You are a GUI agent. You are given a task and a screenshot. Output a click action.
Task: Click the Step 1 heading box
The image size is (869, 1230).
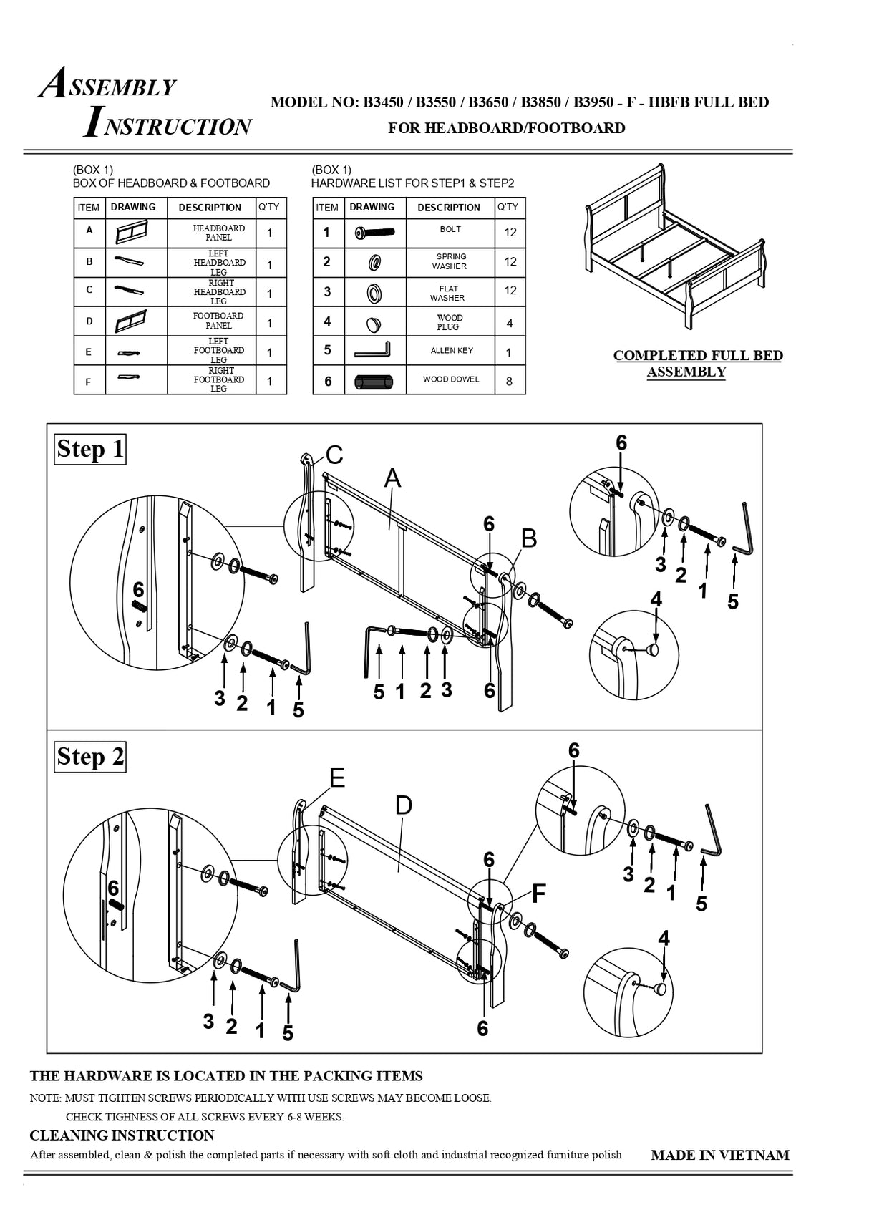tap(90, 450)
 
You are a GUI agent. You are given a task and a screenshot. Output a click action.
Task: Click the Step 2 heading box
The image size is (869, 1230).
tap(90, 757)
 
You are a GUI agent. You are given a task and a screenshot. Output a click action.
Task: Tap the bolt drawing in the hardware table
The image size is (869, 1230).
tap(374, 233)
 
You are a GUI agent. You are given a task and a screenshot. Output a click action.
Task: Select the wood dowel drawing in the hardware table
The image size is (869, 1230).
tap(374, 382)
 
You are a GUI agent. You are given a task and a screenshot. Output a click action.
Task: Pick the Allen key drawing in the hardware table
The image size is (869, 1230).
tap(372, 351)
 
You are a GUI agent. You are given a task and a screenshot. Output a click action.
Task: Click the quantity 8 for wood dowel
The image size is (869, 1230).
tap(509, 381)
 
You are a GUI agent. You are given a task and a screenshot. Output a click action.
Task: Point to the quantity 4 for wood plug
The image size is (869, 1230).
tap(509, 323)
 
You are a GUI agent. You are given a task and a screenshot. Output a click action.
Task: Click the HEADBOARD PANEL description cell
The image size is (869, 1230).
tap(219, 233)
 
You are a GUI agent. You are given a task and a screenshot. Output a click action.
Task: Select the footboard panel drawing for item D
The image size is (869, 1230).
tap(131, 321)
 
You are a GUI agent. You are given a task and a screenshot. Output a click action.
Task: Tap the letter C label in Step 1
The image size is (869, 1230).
tap(334, 455)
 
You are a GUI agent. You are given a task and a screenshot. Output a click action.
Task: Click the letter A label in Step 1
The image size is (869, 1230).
tap(392, 478)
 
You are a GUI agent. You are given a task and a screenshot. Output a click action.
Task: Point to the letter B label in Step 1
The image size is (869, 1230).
tap(529, 538)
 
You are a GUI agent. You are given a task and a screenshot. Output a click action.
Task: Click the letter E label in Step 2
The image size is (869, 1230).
tap(337, 778)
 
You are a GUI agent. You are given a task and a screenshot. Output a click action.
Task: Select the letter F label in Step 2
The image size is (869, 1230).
tap(538, 894)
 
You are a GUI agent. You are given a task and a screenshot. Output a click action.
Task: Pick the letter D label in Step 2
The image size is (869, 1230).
tap(404, 805)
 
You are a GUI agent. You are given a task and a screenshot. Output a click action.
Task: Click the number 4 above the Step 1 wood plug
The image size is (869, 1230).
tap(656, 599)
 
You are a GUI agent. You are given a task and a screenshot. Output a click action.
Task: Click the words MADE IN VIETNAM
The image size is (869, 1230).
tap(719, 1155)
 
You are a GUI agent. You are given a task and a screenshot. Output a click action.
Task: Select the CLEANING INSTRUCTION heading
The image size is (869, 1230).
tap(122, 1135)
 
